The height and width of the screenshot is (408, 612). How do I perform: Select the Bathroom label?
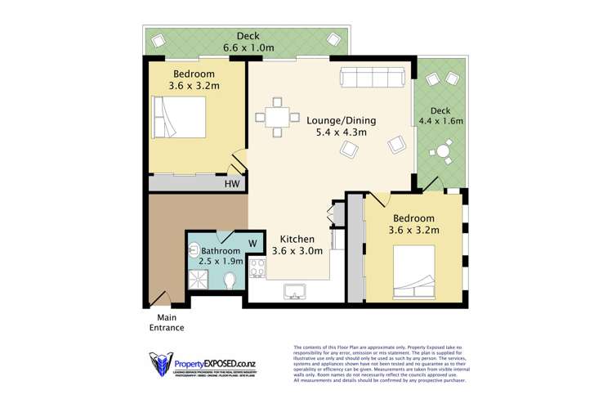[221, 250]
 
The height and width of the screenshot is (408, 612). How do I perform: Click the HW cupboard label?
[232, 185]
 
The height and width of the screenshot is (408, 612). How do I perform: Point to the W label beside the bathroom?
[252, 243]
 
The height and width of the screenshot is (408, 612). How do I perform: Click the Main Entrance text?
[166, 322]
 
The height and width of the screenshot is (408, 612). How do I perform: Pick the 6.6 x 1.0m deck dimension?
[248, 47]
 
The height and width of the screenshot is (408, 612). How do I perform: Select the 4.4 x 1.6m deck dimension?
[441, 121]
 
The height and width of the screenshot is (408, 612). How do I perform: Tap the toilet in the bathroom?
[230, 280]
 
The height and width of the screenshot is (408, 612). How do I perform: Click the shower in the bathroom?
[199, 280]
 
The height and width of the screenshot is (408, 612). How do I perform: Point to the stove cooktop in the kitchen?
[256, 267]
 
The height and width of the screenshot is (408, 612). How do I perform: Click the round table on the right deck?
[444, 150]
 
